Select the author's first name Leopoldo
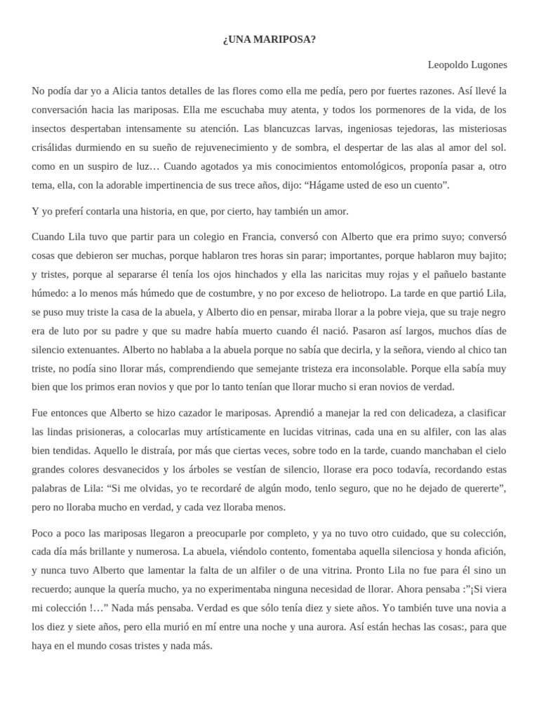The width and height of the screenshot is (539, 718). (448, 65)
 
